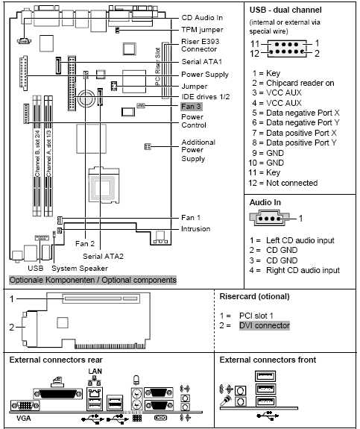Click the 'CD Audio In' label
[x=203, y=16]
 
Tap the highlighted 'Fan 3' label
[x=192, y=107]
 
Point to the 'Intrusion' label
[x=196, y=228]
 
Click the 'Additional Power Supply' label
[x=198, y=150]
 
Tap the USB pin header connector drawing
[x=286, y=48]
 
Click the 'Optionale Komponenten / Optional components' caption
[x=93, y=281]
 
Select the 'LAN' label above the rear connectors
[x=95, y=371]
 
